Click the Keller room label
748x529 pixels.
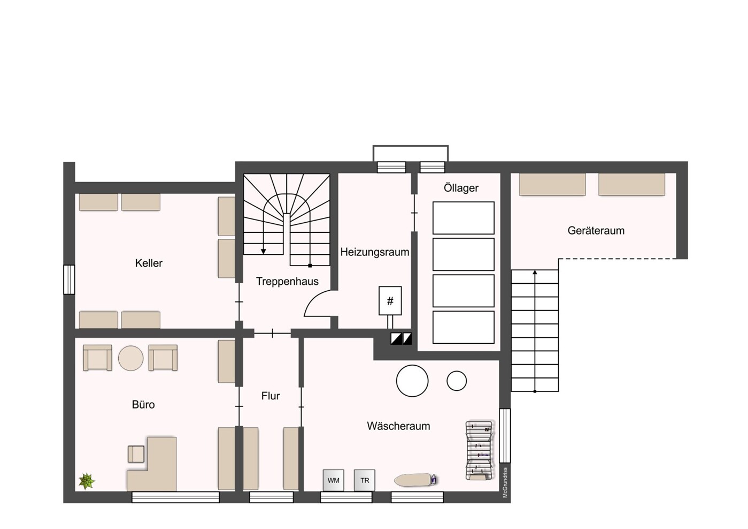(149, 263)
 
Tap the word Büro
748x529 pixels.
(143, 405)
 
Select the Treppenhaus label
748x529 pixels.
(287, 281)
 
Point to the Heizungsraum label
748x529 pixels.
(375, 252)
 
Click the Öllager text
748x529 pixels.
(461, 188)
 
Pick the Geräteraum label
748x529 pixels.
(596, 230)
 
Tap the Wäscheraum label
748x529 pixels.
(398, 426)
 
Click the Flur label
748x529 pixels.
(271, 396)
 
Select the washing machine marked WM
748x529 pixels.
(333, 480)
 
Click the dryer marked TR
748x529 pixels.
(365, 480)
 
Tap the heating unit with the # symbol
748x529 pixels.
(390, 300)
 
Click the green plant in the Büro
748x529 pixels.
(87, 481)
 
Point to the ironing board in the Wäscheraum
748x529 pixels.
(415, 480)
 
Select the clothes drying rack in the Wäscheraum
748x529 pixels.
(480, 450)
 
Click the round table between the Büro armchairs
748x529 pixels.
(131, 358)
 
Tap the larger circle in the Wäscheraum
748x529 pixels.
(412, 381)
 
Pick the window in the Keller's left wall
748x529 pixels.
(69, 279)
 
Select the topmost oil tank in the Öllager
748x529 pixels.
(464, 218)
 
